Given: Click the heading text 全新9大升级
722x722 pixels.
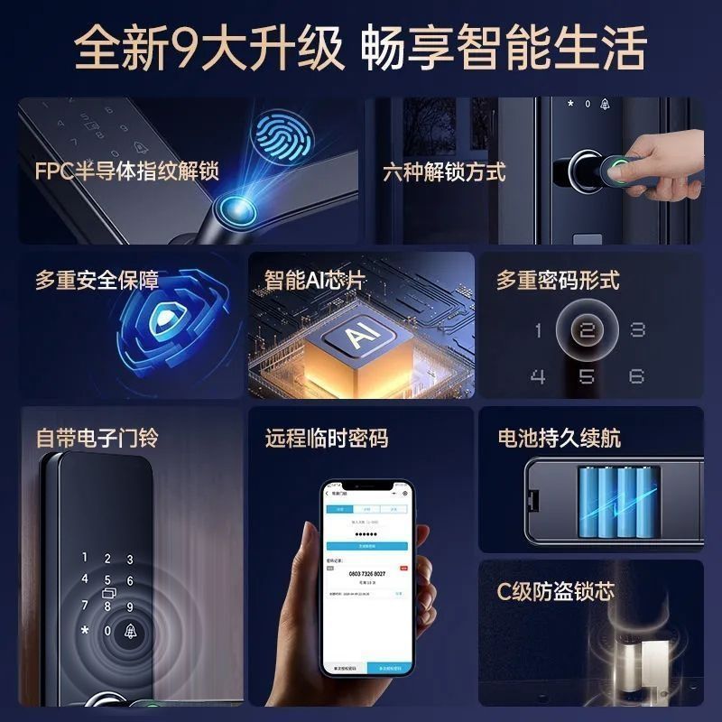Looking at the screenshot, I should coord(209,47).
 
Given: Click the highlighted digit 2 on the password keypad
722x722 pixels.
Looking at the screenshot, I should coord(587,330).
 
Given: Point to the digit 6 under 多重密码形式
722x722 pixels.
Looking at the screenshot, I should coord(636,375).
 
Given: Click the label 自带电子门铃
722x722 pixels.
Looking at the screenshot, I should coord(97,438).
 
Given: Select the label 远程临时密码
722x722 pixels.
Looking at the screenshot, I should coord(327,438).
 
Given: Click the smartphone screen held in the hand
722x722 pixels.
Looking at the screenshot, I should coord(367,578).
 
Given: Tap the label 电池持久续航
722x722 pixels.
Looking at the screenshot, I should coord(559,438).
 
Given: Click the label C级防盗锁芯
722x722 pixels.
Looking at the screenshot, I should coord(555,592).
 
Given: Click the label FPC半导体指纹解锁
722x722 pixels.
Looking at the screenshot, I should coord(126,171).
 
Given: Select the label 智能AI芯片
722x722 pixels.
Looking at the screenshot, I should coord(314,280).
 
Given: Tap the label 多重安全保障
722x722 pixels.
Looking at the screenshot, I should coord(97,280).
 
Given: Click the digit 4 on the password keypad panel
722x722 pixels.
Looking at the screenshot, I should coord(539,375).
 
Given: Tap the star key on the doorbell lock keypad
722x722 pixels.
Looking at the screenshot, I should coord(85,630).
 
